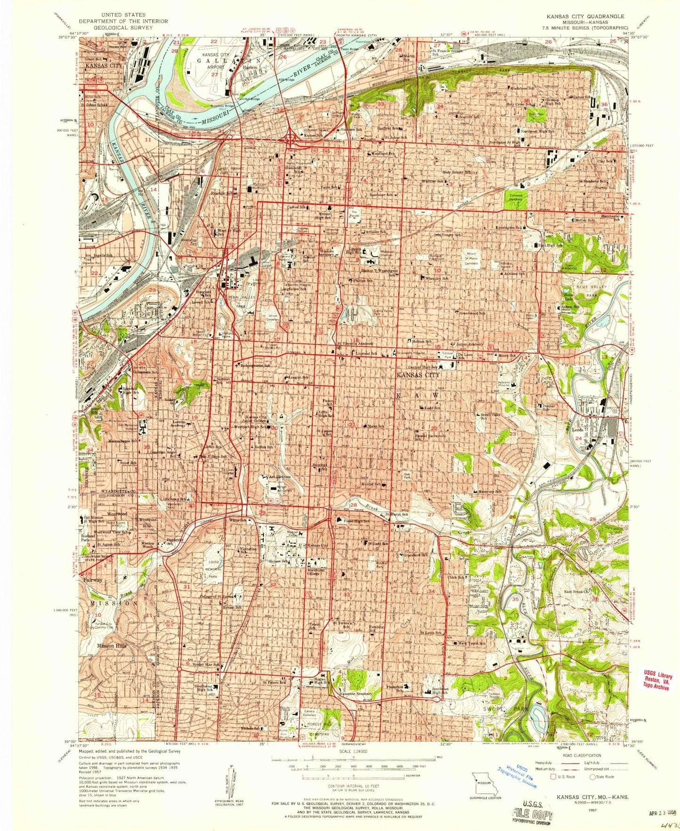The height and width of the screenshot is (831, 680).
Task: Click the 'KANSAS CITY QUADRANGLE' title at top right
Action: (585, 16)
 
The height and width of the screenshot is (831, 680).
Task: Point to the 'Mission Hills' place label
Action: (111, 646)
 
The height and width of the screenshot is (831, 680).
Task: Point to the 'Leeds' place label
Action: (578, 429)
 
